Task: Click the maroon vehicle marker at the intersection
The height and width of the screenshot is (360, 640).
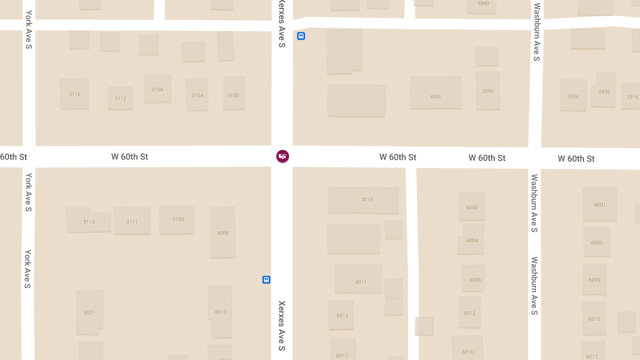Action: coord(283,156)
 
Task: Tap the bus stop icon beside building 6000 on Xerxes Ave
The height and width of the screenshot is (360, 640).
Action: coord(266,279)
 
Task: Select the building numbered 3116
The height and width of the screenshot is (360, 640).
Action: coord(74,94)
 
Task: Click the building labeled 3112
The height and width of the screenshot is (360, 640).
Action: coord(121,98)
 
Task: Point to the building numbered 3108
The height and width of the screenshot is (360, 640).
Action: coord(157,89)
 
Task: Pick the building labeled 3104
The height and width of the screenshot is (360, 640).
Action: coord(197,95)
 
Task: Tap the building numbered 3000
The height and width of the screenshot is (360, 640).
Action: coord(488,91)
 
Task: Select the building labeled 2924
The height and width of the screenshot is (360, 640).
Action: coord(573,96)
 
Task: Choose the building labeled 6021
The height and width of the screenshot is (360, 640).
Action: coord(90,312)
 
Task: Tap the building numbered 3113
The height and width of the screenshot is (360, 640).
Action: coord(89,221)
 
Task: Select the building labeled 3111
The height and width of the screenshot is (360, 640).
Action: coord(132,221)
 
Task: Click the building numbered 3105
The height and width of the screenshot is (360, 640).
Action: coord(177,220)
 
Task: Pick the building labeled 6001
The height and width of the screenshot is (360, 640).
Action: coord(599,204)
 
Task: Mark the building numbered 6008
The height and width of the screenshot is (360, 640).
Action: coord(474,279)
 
